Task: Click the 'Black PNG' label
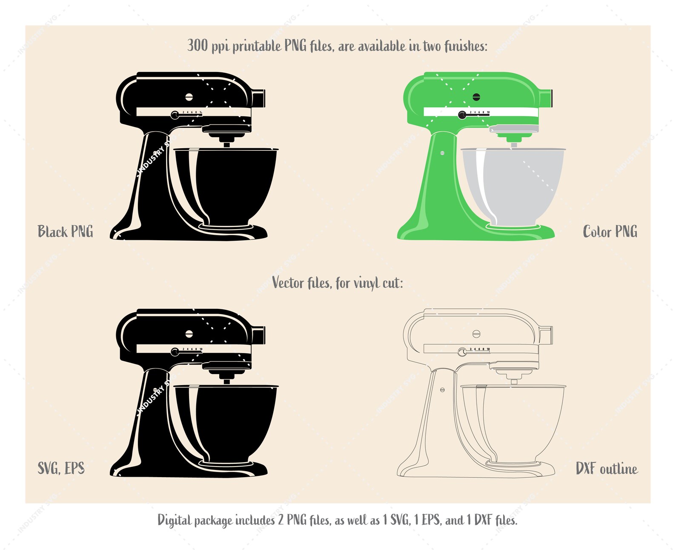[65, 231]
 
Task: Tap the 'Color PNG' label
[610, 231]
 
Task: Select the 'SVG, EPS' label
[61, 468]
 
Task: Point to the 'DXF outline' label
[607, 469]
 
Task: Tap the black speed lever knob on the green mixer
[462, 115]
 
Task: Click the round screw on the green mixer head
[476, 97]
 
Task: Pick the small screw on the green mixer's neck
[442, 153]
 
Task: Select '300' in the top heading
[198, 45]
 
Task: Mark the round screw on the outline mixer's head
[476, 334]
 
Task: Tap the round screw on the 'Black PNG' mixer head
[189, 97]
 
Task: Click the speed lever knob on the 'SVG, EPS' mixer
[175, 352]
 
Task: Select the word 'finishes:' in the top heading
[466, 46]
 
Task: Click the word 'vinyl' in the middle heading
[367, 283]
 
